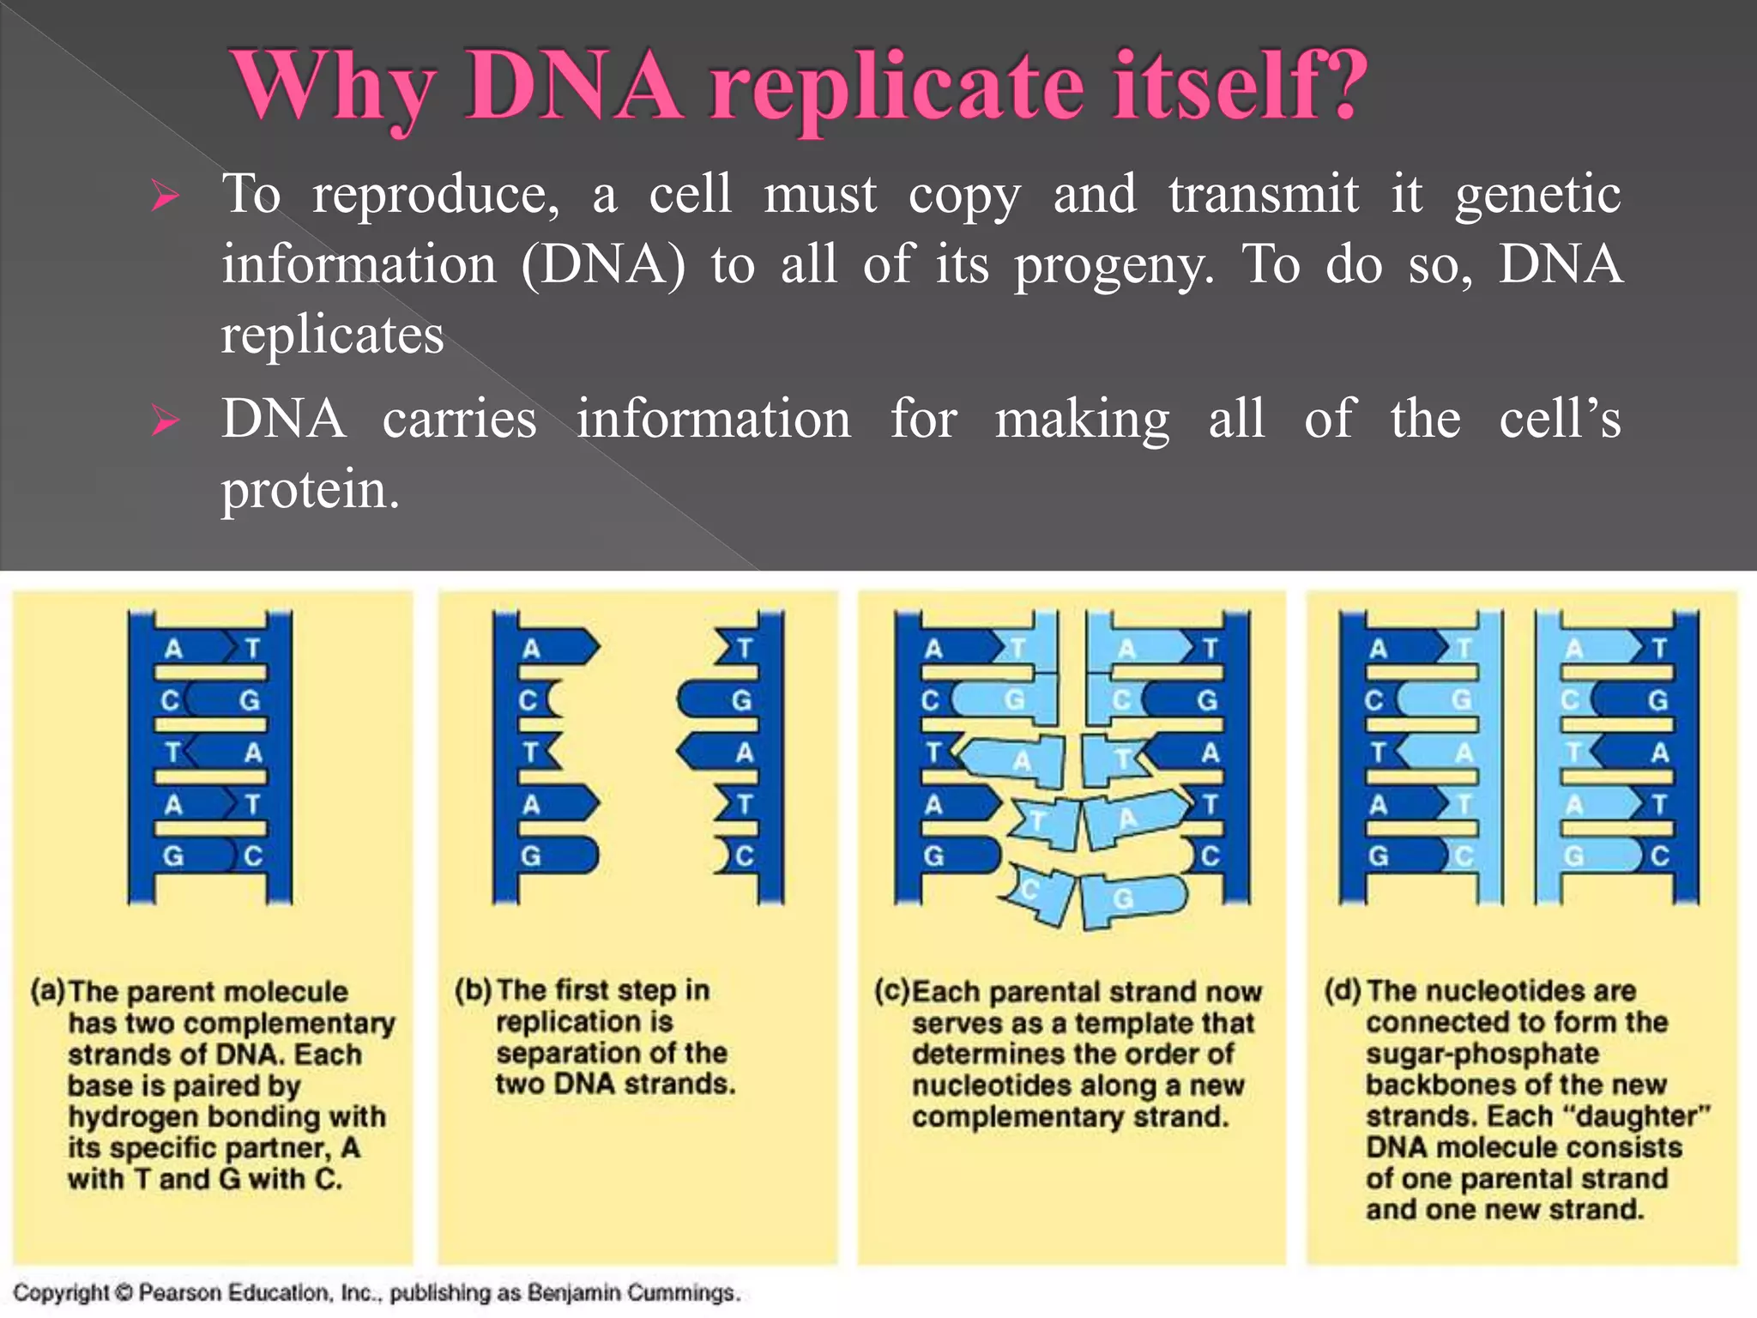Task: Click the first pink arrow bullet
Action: tap(164, 197)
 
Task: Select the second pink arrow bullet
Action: tap(164, 422)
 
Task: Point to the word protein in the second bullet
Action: tap(310, 491)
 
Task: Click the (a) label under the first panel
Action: tap(48, 991)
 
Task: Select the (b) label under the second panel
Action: tap(473, 990)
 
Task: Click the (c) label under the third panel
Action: tap(892, 991)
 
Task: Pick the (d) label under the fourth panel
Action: tap(1343, 991)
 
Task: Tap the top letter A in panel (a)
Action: tap(173, 649)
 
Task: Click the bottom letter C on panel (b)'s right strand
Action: tap(745, 855)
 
